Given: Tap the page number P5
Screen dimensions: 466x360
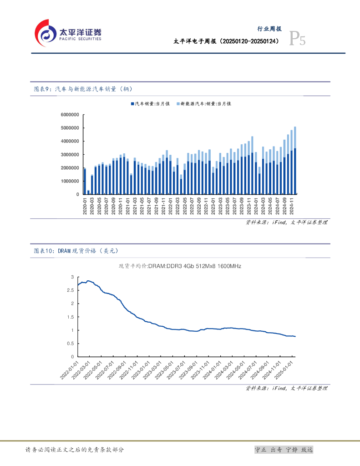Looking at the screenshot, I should point(298,40).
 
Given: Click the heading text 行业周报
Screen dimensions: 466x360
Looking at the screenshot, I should point(270,29).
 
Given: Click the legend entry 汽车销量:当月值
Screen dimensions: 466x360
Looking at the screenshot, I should point(150,104).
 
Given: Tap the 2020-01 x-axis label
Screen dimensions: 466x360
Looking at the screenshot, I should point(85,206).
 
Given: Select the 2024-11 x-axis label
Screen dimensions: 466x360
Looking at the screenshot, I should point(292,206).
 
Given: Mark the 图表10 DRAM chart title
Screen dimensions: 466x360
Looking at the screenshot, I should point(79,251).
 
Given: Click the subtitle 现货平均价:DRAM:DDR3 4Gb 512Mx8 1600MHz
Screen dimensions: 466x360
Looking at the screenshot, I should point(180,266).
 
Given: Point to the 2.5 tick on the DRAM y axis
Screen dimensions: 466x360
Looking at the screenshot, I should point(70,290).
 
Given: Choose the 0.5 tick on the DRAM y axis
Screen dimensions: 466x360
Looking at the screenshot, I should point(70,344).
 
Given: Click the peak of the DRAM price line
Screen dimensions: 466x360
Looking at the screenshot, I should point(88,281).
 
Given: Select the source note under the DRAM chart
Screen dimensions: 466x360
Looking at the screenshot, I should point(286,388).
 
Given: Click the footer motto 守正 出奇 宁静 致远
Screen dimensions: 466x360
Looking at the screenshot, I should point(284,450).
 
